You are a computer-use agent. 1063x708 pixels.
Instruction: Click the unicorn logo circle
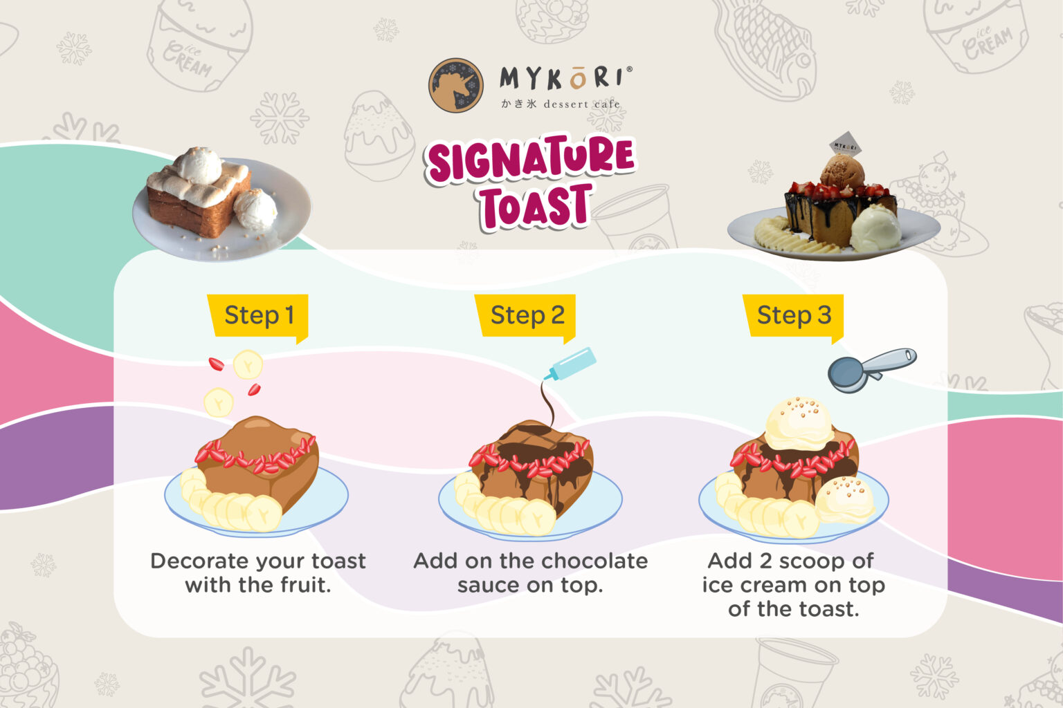coord(455,85)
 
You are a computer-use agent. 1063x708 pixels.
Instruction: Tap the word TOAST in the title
coord(536,207)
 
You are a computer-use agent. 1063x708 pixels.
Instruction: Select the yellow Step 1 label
coord(259,315)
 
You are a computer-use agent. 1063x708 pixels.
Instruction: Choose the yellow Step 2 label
coord(527,315)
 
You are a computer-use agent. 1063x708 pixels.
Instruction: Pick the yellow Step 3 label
coord(794,315)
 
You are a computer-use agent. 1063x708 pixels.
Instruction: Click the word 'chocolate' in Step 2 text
coord(593,561)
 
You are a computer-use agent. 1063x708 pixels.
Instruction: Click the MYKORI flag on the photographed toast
coord(844,145)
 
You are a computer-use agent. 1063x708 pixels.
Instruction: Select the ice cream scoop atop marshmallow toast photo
coord(198,165)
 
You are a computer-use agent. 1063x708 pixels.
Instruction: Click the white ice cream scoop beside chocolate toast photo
coord(875,228)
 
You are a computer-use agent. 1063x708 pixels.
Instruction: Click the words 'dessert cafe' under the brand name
coord(581,104)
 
